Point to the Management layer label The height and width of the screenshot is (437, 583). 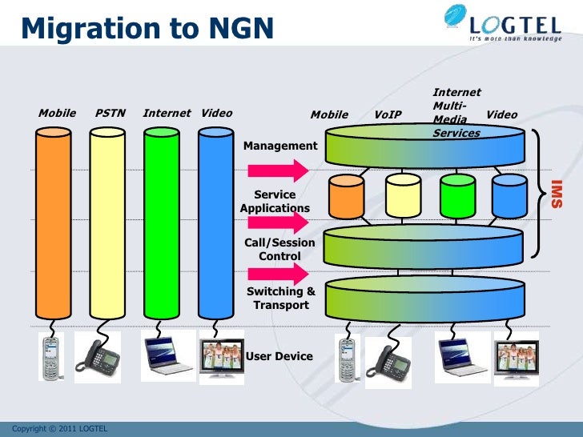(x=280, y=146)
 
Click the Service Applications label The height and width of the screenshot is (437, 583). (x=275, y=201)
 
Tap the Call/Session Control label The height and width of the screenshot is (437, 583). (x=279, y=249)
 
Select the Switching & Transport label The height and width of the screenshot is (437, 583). (x=280, y=298)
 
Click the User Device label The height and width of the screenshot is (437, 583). (x=279, y=355)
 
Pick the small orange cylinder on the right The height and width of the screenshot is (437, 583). (x=347, y=196)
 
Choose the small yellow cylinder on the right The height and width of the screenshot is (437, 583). (x=403, y=196)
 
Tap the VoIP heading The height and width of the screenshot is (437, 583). (x=388, y=114)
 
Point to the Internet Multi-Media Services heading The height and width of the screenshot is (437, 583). (x=456, y=113)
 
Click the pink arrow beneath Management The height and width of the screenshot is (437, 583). (x=277, y=170)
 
